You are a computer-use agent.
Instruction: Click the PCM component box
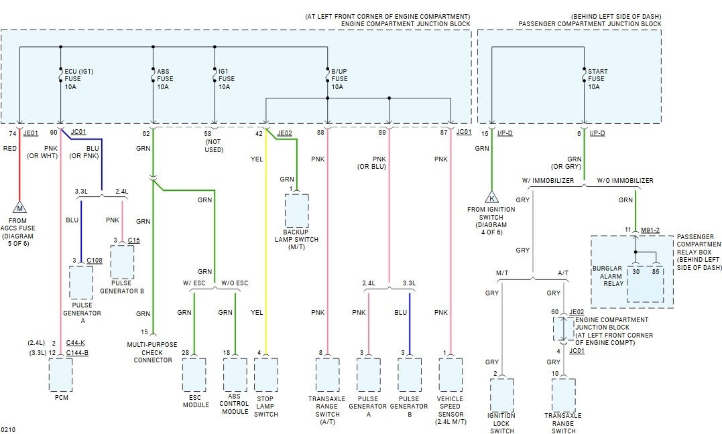[60, 374]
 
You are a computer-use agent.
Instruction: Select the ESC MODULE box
[194, 374]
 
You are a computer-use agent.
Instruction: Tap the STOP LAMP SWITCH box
[266, 374]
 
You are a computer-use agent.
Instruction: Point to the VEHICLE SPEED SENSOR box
[450, 374]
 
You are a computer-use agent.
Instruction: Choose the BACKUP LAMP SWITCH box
[297, 211]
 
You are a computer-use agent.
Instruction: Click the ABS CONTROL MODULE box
[235, 374]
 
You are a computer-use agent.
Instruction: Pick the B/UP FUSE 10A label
[340, 79]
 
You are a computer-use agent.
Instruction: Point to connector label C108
[95, 260]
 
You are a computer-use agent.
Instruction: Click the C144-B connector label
[78, 352]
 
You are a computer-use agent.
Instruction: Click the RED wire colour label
[10, 148]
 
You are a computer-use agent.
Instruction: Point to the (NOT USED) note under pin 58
[215, 145]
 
